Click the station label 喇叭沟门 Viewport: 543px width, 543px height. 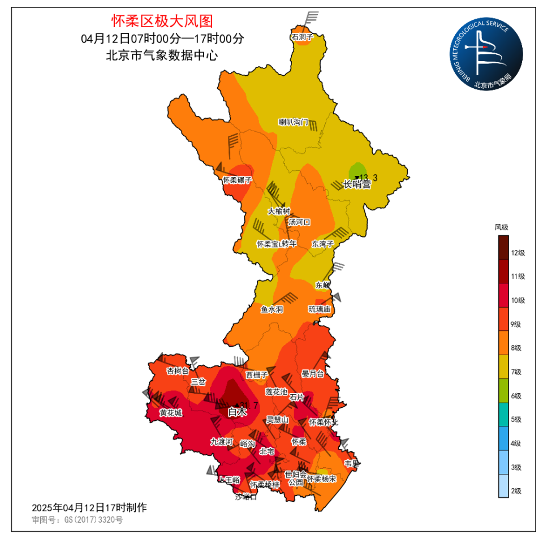pos(293,122)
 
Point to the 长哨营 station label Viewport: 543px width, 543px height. pos(357,184)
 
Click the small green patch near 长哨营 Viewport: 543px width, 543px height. pos(356,170)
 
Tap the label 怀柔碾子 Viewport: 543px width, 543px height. pos(236,180)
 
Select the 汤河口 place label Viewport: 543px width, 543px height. pos(299,222)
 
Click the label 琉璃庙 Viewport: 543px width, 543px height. pos(320,309)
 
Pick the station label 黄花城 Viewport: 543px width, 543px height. pos(171,413)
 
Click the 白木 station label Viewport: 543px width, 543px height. pos(238,413)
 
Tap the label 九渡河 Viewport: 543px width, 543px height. pos(222,442)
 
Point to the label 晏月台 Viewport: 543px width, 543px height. pos(312,374)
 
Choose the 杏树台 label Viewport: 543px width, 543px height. pos(178,371)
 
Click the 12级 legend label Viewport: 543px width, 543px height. pos(518,253)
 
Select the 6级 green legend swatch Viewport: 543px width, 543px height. pos(503,395)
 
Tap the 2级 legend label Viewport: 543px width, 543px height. pos(516,491)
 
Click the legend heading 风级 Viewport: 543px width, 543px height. pos(501,227)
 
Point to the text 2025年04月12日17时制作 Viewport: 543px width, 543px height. pos(89,507)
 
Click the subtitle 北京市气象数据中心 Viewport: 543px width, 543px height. pos(162,55)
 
